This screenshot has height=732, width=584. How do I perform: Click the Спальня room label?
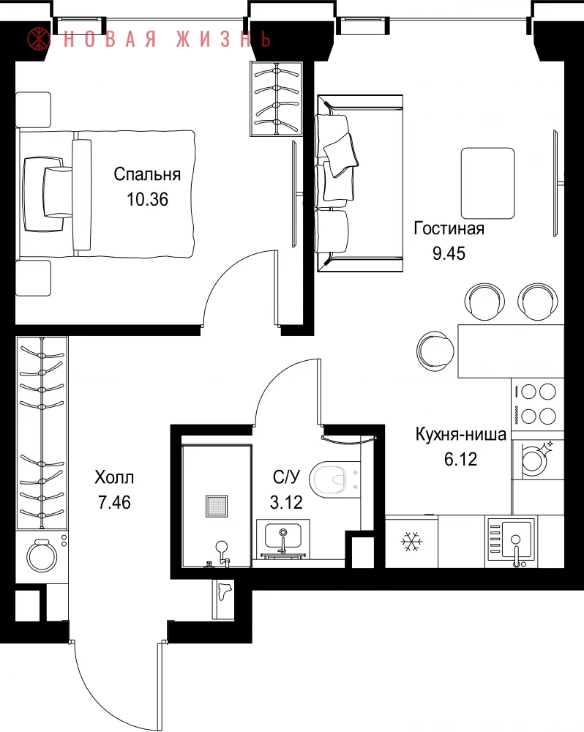tap(147, 175)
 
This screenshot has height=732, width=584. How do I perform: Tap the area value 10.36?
tap(147, 199)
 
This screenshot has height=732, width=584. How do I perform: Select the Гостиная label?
tap(449, 228)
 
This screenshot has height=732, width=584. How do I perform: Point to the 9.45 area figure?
tap(449, 253)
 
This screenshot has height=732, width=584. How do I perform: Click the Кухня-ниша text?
tap(461, 434)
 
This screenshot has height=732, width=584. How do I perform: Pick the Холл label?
tap(114, 477)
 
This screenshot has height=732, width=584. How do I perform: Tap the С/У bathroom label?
tap(286, 477)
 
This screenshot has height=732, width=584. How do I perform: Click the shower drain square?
tap(217, 507)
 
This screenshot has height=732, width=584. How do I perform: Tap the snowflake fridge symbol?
tap(411, 542)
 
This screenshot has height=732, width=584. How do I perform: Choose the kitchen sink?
tap(511, 542)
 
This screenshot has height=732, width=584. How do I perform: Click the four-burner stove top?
tap(537, 404)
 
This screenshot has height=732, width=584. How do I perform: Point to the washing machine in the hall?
tap(42, 556)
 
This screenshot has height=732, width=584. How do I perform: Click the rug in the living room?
tap(487, 184)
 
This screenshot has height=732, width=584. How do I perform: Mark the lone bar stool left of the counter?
tap(435, 351)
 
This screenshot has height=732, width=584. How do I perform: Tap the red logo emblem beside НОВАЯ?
tap(39, 39)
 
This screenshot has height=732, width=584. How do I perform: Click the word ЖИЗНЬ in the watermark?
tap(224, 40)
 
